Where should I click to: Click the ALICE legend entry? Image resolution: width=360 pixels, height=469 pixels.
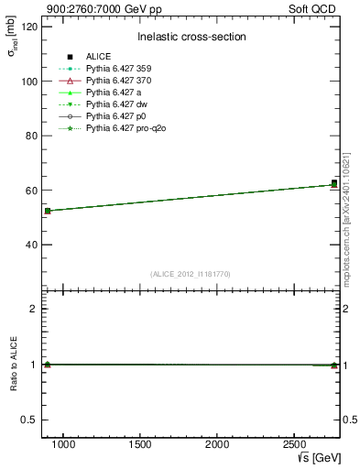pyautogui.click(x=98, y=57)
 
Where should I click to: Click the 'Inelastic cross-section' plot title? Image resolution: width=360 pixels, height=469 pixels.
pyautogui.click(x=191, y=37)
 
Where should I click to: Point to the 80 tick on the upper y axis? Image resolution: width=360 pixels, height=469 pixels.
pyautogui.click(x=32, y=136)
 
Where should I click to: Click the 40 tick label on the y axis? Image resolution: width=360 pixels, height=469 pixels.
pyautogui.click(x=32, y=245)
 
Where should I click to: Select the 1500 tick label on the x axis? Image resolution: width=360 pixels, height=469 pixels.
pyautogui.click(x=140, y=444)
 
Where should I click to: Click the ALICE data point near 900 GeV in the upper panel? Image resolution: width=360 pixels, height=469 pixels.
pyautogui.click(x=48, y=211)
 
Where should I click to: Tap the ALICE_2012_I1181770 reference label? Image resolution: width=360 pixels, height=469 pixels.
pyautogui.click(x=191, y=274)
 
